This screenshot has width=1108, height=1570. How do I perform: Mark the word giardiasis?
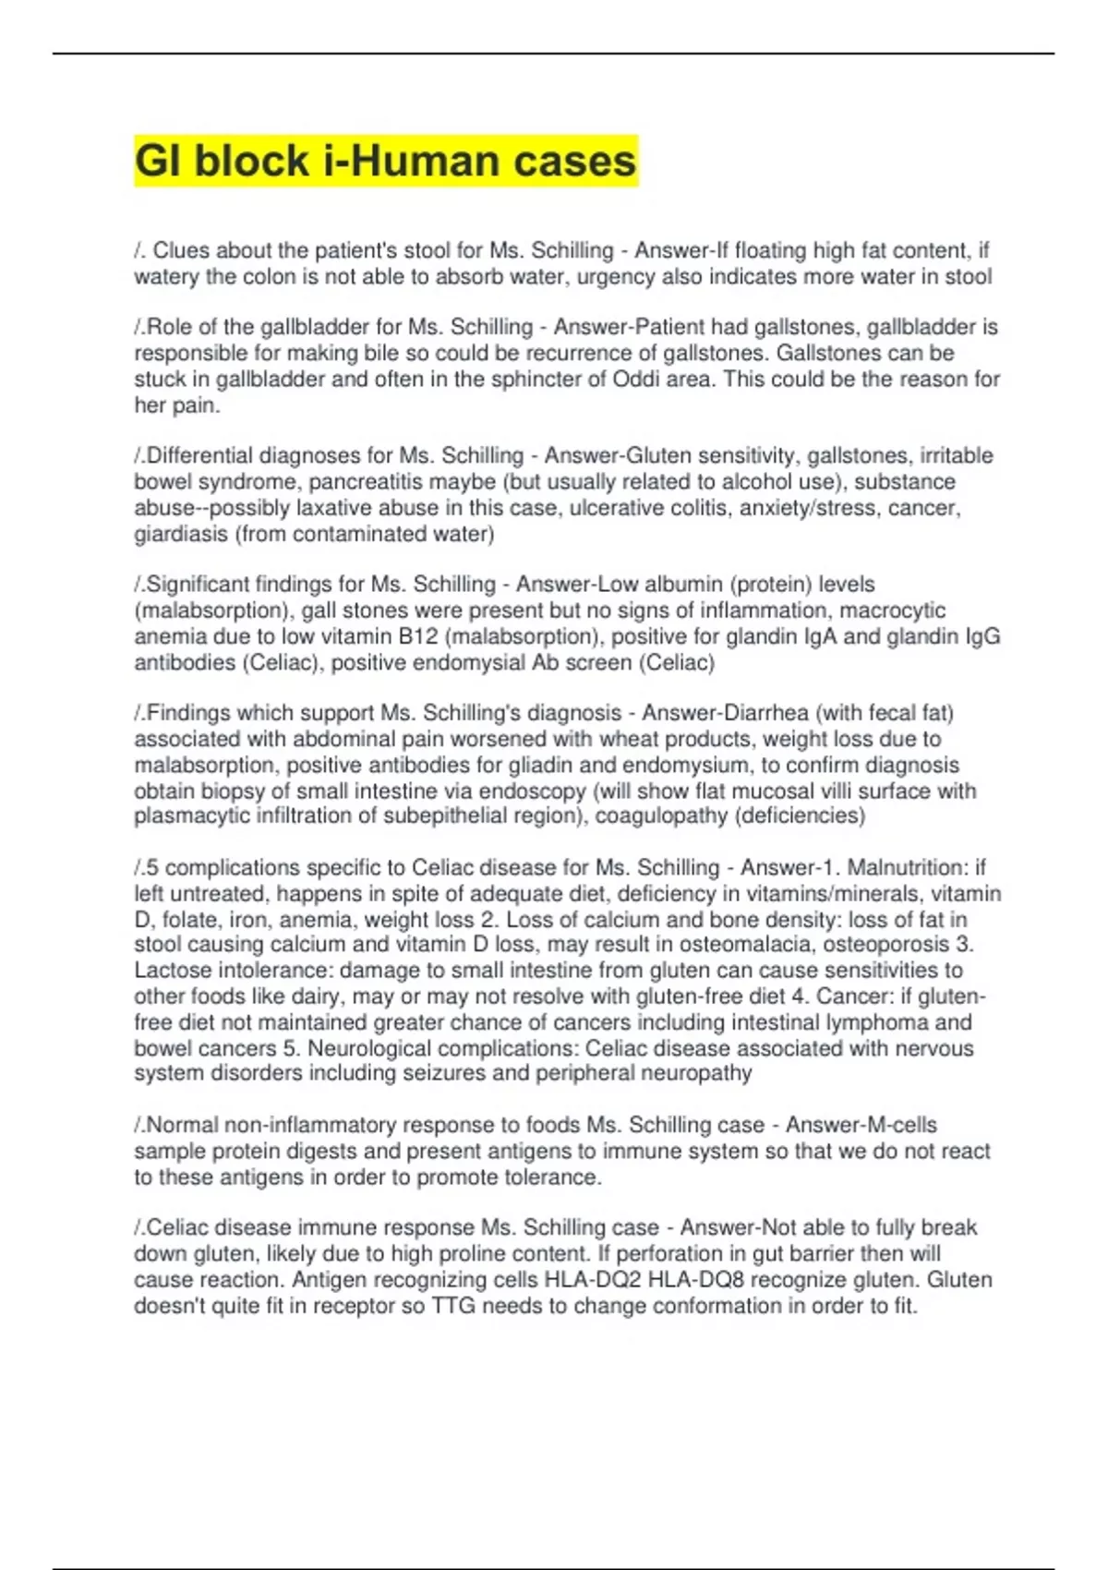[181, 534]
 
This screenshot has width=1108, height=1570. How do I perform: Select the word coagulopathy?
[670, 815]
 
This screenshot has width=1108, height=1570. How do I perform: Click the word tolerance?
[551, 1177]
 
